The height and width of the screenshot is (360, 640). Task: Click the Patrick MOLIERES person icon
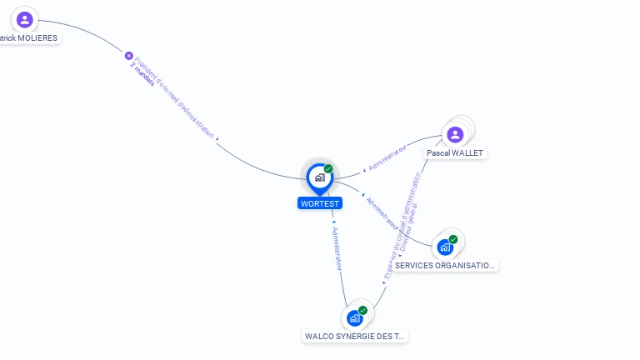click(x=25, y=19)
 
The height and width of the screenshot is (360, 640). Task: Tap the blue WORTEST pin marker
click(x=319, y=177)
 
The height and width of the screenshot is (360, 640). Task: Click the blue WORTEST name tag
click(x=320, y=203)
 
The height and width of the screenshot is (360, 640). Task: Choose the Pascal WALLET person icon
click(x=455, y=134)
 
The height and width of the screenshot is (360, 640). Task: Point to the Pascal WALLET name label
click(x=455, y=153)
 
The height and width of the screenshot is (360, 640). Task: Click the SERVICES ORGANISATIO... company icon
click(x=446, y=247)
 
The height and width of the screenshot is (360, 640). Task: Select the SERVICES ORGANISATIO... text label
click(x=445, y=266)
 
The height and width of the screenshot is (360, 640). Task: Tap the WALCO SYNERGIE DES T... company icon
click(x=355, y=317)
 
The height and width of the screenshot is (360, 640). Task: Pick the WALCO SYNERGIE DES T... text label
click(x=355, y=337)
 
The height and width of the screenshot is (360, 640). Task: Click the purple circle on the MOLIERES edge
click(x=129, y=56)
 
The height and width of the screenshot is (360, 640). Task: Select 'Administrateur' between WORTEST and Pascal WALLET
click(x=387, y=157)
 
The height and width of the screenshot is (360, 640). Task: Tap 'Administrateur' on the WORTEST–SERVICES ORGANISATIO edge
click(x=382, y=213)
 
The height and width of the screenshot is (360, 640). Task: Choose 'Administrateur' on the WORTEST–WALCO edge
click(x=337, y=247)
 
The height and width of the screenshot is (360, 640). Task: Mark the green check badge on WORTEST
click(x=328, y=169)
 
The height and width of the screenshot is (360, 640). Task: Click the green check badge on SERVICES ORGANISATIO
click(x=453, y=239)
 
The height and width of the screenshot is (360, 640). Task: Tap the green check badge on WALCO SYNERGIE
click(x=362, y=310)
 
